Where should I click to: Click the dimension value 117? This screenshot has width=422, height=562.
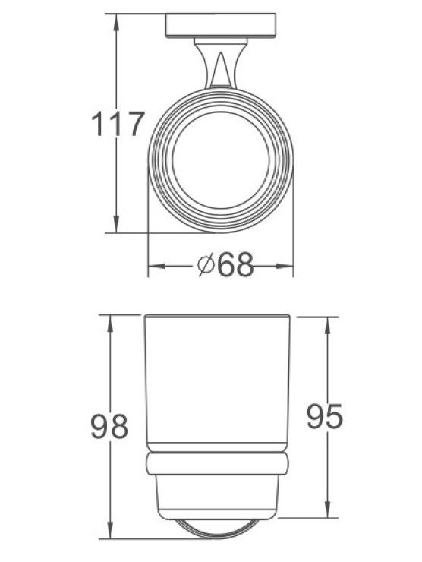tap(118, 124)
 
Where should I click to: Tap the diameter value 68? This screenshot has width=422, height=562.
tap(235, 265)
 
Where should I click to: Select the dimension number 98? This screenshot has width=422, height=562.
tap(109, 426)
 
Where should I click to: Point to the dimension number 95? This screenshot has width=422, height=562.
tap(325, 416)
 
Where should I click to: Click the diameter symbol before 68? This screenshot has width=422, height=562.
tap(206, 264)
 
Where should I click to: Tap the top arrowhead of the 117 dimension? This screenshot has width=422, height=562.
tap(116, 23)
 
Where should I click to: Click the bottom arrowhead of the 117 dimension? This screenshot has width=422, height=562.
tap(116, 223)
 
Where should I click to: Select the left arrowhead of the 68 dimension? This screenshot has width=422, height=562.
tap(157, 266)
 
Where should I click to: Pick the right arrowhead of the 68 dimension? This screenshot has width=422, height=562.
tap(285, 266)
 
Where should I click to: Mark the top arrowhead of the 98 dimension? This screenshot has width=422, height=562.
tap(110, 324)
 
